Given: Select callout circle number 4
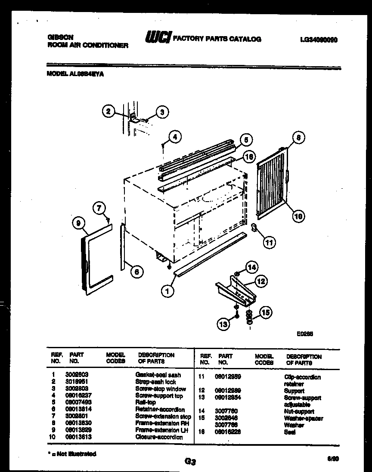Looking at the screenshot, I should [174, 138].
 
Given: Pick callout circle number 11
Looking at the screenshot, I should [269, 243].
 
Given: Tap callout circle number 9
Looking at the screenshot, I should [78, 223].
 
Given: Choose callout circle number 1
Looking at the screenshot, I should [168, 291].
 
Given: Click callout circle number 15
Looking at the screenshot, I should [266, 312].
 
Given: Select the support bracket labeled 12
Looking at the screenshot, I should [236, 291].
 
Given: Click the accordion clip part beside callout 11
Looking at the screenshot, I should [254, 227].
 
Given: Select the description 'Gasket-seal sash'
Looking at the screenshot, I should [158, 375].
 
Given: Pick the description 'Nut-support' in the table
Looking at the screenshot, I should [299, 411].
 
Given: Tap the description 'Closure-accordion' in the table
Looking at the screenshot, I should [159, 437].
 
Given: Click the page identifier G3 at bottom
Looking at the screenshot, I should [190, 462].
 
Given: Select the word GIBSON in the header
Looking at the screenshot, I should [60, 37].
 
